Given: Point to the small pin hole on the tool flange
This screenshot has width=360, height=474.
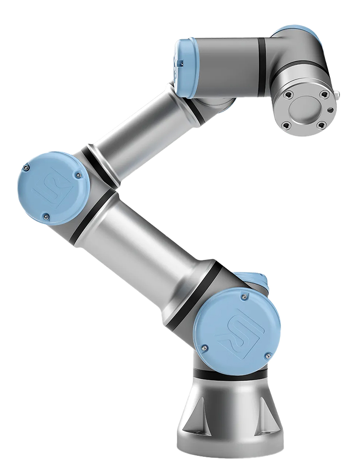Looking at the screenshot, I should tap(330, 111).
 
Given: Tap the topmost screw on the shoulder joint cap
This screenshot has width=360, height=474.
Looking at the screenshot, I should tap(246, 298).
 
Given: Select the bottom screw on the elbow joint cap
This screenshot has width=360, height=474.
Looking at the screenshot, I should tap(46, 216).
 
